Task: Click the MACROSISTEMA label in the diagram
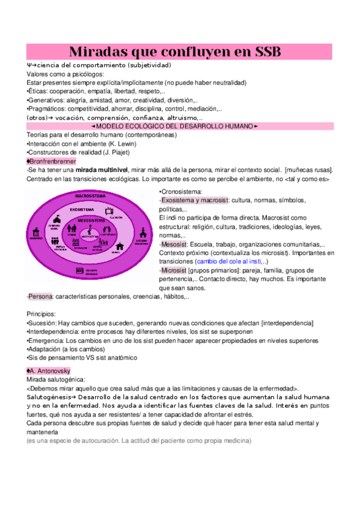[91, 197]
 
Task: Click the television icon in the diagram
[109, 210]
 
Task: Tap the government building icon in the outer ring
[37, 233]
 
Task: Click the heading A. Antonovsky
[49, 370]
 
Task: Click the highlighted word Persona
[41, 296]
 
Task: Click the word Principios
[41, 314]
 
